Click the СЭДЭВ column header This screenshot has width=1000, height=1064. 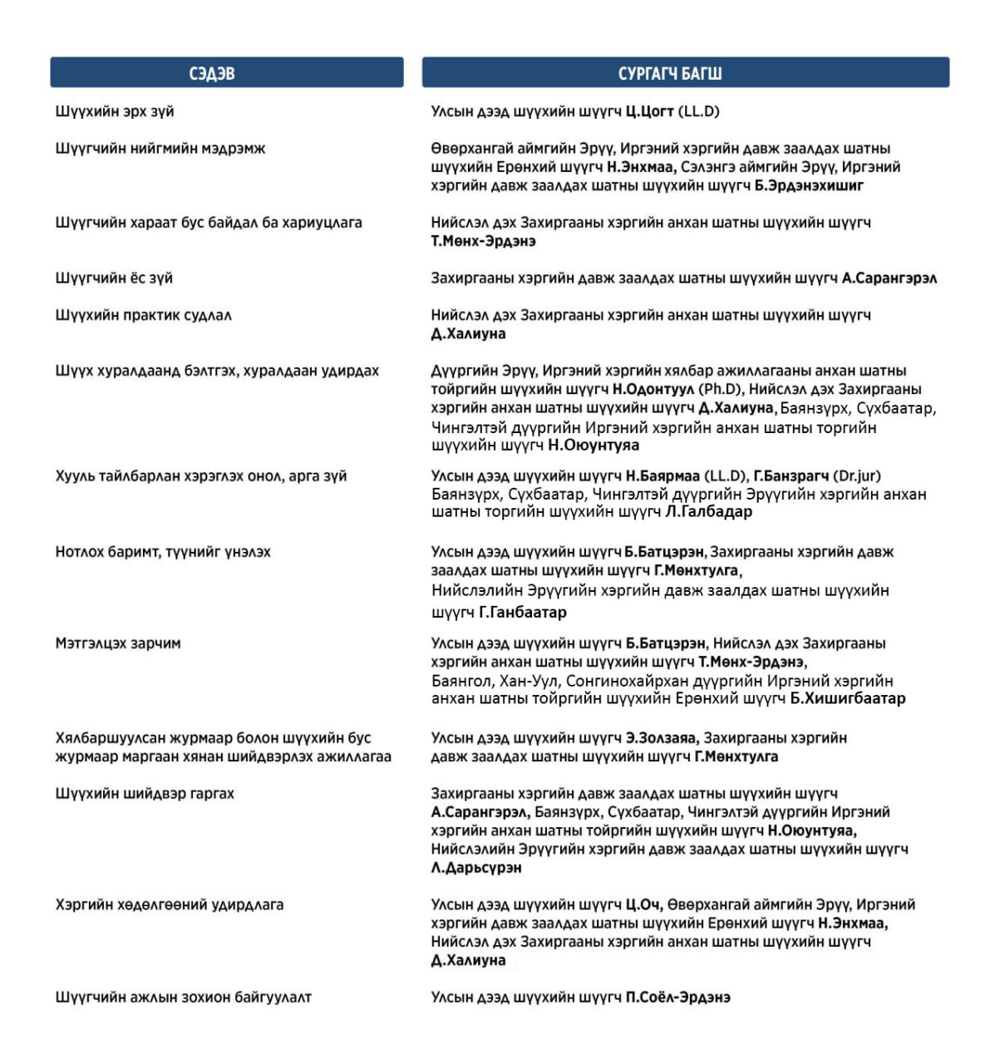point(212,73)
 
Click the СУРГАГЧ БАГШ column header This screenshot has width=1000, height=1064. point(669,73)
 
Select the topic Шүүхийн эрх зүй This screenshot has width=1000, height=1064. point(115,111)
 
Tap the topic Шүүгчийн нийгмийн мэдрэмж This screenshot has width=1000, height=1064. point(160,149)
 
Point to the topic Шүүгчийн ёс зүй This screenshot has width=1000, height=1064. point(114,278)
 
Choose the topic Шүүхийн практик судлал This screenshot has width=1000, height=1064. point(144,315)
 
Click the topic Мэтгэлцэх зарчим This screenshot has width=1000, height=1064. point(118,643)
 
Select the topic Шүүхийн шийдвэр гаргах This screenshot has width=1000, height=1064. point(145,794)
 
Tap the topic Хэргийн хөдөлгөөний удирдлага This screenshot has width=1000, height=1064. point(170,904)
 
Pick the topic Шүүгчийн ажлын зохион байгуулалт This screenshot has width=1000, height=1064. point(183,997)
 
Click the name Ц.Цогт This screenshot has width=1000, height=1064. point(649,111)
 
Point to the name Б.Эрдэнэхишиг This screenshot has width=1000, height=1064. point(809,185)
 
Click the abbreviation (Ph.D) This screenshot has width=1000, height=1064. point(722,389)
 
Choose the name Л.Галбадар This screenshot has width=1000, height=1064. point(708,512)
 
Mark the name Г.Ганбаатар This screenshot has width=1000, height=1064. point(523,613)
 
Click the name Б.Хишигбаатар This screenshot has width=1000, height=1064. point(847,698)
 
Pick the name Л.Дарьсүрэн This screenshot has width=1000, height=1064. point(476,868)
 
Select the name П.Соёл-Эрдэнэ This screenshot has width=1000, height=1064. point(677,997)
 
